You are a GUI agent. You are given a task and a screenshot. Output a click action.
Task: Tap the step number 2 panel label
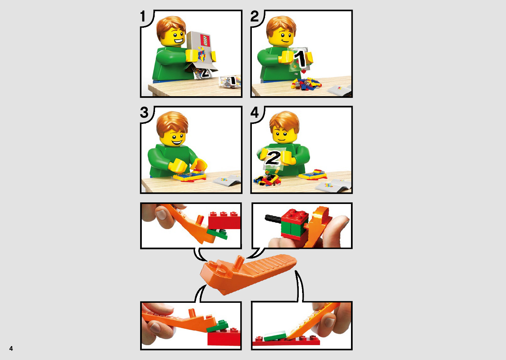pos(254,16)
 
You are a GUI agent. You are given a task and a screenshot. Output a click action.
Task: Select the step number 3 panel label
pos(144,112)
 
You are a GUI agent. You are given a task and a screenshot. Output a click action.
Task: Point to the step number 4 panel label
pos(254,112)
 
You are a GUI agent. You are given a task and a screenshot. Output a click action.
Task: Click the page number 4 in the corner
pos(11,348)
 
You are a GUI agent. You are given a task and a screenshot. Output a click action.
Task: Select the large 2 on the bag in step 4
pos(273,158)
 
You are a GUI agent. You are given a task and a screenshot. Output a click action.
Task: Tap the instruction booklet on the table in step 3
pos(227,180)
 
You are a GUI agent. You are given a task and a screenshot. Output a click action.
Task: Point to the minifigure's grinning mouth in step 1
pos(178,41)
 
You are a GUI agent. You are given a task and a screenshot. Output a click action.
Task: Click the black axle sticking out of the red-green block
pos(273,218)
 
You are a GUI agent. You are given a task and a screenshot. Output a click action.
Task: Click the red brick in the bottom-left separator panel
pos(224,337)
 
